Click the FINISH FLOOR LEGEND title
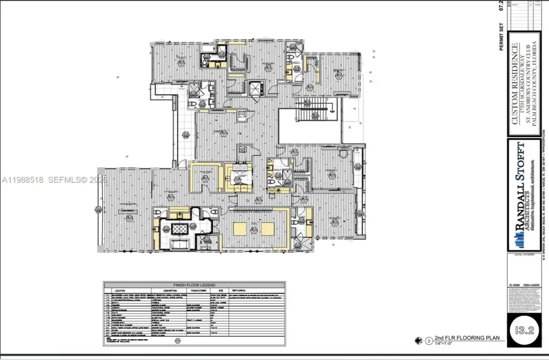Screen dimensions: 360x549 [194, 285]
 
